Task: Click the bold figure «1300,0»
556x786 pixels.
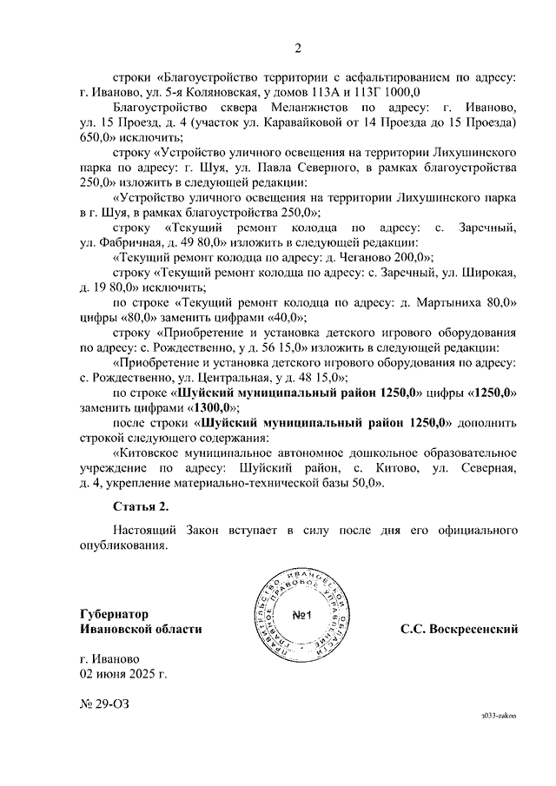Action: click(x=213, y=408)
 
